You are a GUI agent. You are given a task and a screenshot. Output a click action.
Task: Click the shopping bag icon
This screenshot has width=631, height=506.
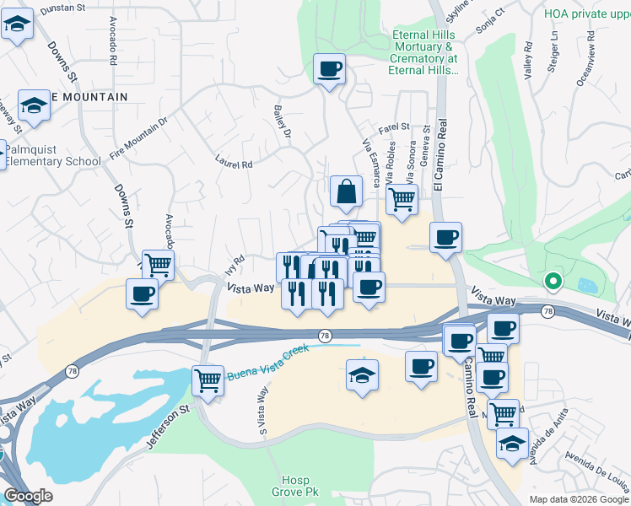point(347,192)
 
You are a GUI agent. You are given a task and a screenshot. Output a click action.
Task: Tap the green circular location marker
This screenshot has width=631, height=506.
point(553,282)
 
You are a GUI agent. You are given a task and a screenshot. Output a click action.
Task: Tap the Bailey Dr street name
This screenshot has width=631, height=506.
point(282,122)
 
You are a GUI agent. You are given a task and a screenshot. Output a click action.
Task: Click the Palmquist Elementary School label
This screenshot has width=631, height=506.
point(53,155)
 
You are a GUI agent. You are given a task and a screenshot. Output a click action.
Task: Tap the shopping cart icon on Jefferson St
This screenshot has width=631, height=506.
point(208,379)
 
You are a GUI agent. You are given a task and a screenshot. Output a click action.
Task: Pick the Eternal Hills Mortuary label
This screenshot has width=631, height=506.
point(425,52)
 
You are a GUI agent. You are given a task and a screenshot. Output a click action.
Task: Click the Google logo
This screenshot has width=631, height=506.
point(27,496)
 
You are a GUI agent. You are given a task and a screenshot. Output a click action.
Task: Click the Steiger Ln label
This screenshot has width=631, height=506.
point(554,49)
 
